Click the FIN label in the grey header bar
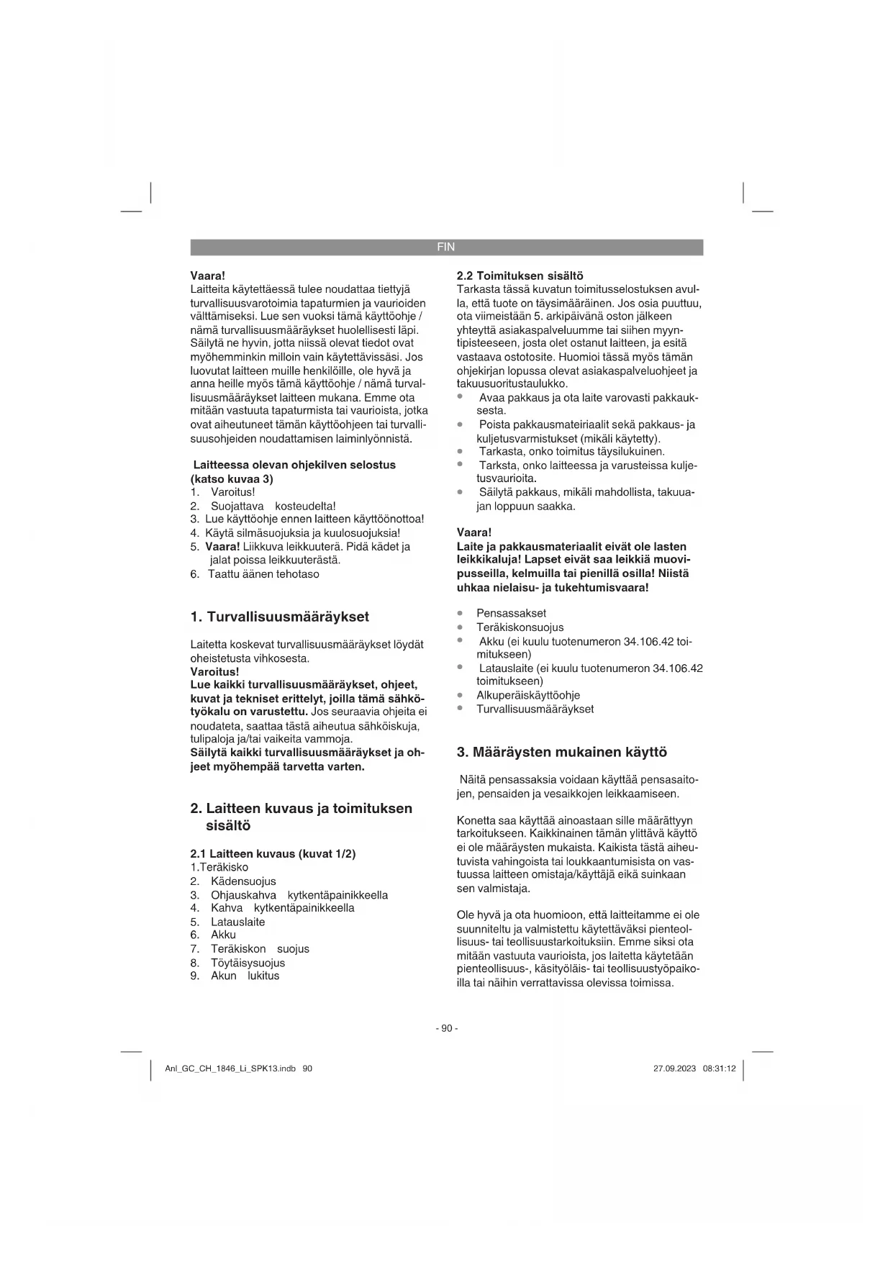pyautogui.click(x=446, y=247)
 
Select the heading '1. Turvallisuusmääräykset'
pyautogui.click(x=279, y=617)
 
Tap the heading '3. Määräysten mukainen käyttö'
pyautogui.click(x=561, y=752)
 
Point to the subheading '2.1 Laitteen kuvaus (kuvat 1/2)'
pyautogui.click(x=273, y=853)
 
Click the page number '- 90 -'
pyautogui.click(x=446, y=1028)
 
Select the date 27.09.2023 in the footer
pyautogui.click(x=674, y=1068)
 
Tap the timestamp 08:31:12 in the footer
pyautogui.click(x=720, y=1068)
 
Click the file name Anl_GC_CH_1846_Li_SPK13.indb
pyautogui.click(x=230, y=1068)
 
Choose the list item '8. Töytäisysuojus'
pyautogui.click(x=238, y=963)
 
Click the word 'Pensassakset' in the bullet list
pyautogui.click(x=511, y=613)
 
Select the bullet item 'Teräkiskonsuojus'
pyautogui.click(x=520, y=627)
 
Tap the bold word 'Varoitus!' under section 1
pyautogui.click(x=214, y=671)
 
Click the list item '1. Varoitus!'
pyautogui.click(x=223, y=492)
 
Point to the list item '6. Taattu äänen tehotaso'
pyautogui.click(x=255, y=574)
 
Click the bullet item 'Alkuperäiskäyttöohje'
pyautogui.click(x=527, y=695)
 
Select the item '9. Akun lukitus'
pyautogui.click(x=235, y=976)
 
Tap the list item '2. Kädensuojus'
pyautogui.click(x=234, y=881)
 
